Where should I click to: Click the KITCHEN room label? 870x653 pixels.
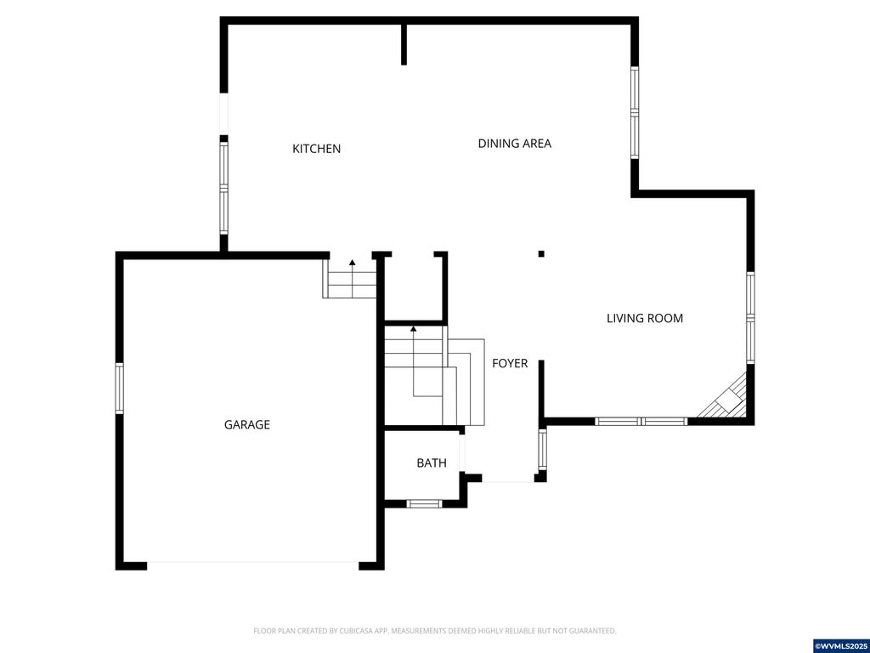(316, 149)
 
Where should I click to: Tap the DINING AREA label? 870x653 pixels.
(514, 144)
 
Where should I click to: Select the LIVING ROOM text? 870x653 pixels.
(644, 319)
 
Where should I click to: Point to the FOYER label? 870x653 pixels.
(510, 364)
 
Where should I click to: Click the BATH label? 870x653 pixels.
(431, 463)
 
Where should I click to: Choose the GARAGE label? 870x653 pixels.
(246, 424)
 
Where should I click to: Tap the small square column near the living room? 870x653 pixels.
(541, 253)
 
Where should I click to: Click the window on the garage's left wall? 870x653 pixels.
(120, 388)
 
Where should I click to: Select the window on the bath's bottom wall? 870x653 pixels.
(424, 503)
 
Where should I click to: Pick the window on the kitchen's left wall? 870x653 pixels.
(224, 188)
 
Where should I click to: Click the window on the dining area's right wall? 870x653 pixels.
(635, 113)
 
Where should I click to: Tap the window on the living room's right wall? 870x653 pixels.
(750, 318)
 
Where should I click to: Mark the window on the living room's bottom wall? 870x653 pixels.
(641, 421)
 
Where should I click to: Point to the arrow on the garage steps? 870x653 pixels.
(353, 264)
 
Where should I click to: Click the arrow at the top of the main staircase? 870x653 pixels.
(414, 328)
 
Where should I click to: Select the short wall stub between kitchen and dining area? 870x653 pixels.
(404, 43)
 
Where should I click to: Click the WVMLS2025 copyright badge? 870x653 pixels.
(840, 645)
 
